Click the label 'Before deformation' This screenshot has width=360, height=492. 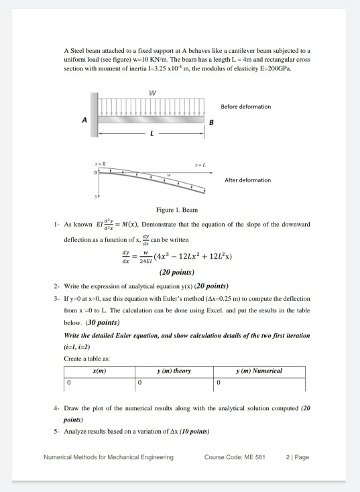point(245,107)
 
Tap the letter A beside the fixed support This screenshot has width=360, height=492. point(84,121)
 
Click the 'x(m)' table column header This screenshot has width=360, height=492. point(99,371)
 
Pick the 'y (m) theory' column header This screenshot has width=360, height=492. point(174,371)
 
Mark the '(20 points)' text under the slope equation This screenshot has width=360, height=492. point(177,272)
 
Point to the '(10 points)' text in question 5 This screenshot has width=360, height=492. point(192,430)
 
